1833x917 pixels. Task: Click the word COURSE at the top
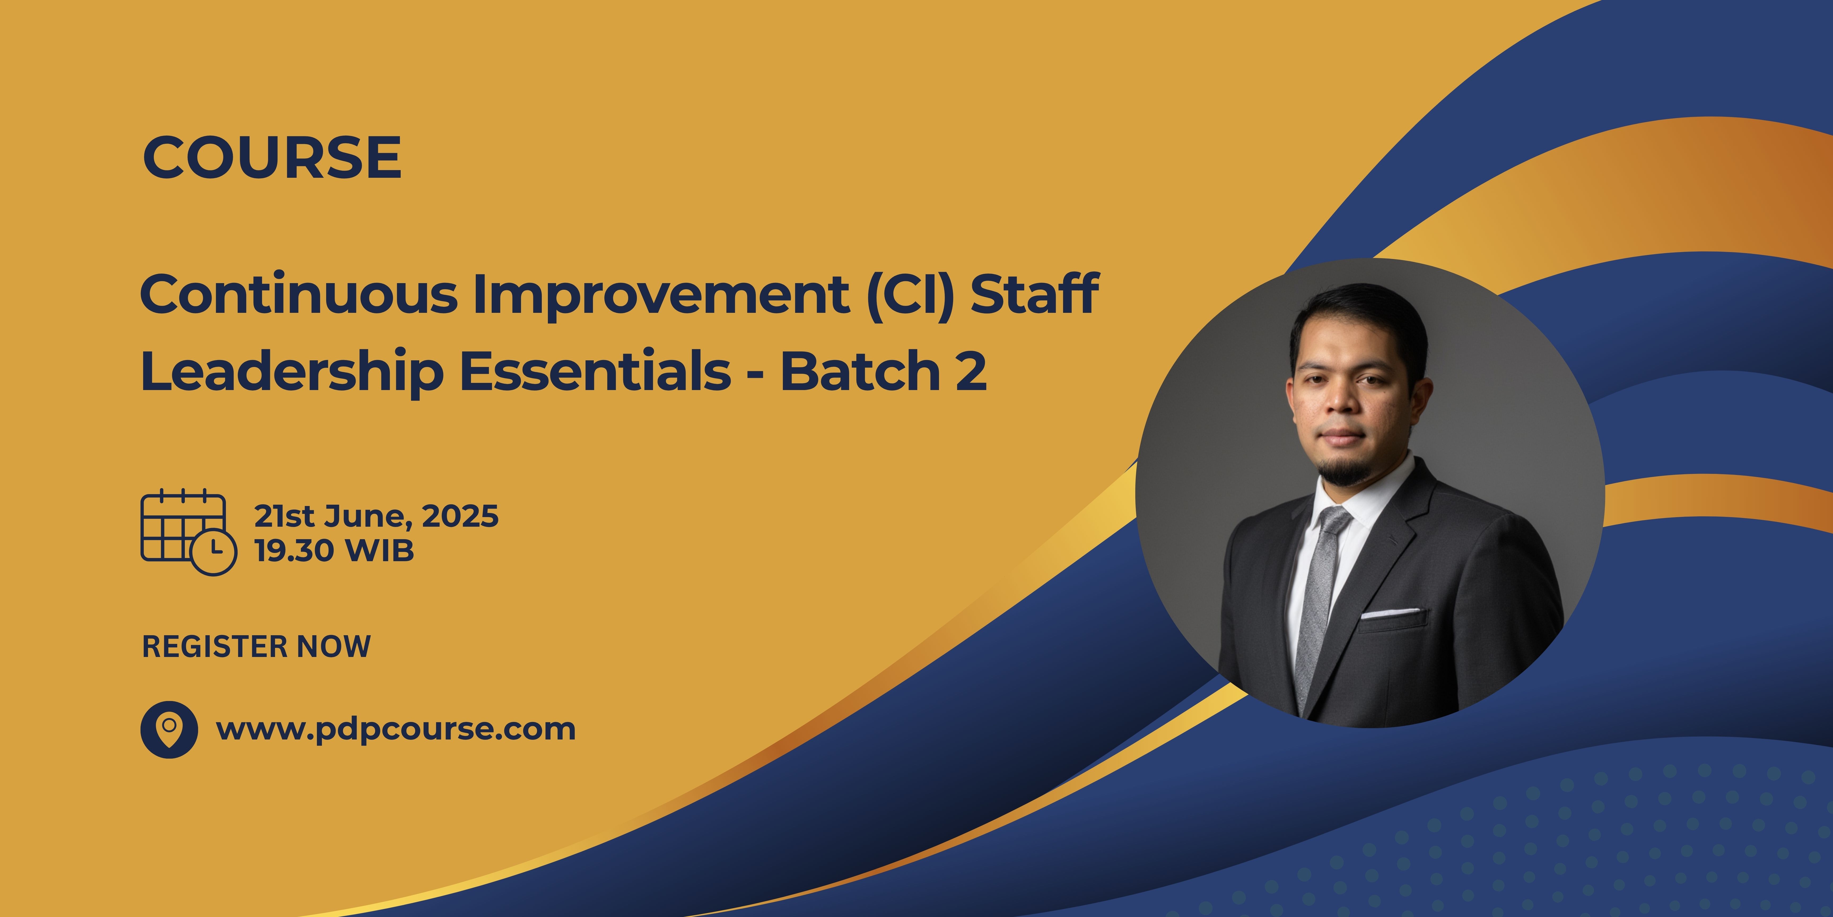click(x=272, y=158)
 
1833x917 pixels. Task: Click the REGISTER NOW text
click(x=256, y=646)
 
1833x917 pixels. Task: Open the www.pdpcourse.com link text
click(x=396, y=729)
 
